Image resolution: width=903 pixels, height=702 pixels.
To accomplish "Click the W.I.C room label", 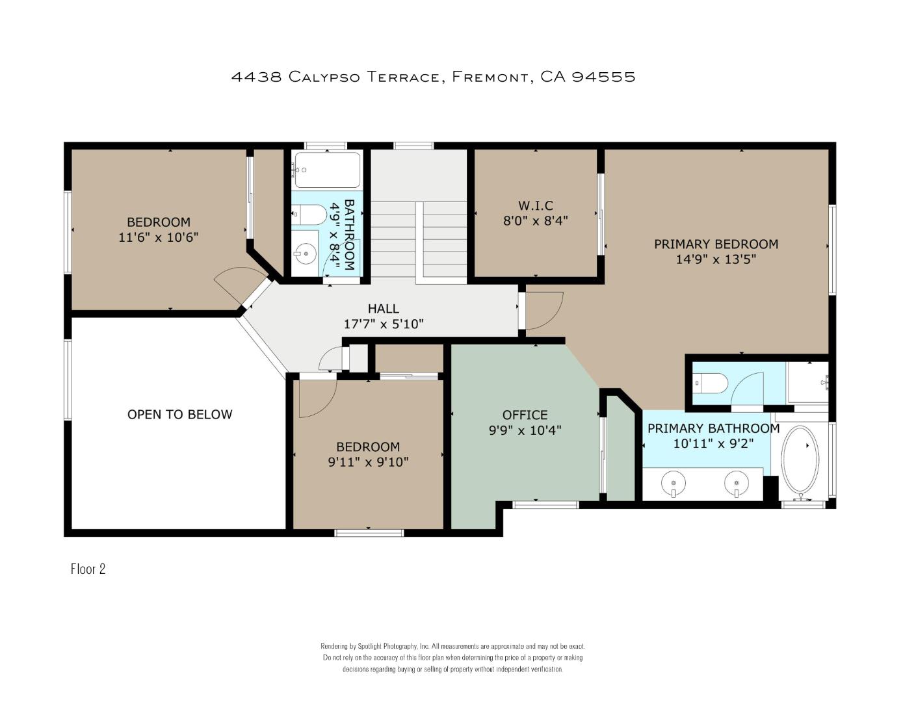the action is tap(535, 205).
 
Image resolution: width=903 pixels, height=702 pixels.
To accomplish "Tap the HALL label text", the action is tap(383, 309).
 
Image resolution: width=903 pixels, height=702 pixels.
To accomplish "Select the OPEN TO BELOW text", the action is tap(179, 414).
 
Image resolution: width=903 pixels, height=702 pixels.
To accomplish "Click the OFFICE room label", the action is tap(525, 415).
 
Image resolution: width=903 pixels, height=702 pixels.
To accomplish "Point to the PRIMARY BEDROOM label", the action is tap(716, 244).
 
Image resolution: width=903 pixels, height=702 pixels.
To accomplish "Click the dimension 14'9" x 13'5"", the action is tap(716, 259).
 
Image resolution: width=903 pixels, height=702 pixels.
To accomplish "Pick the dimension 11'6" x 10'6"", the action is tap(159, 238).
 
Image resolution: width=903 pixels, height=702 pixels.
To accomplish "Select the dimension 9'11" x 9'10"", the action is tap(368, 462).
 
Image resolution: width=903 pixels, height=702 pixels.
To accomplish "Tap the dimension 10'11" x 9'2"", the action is tap(713, 444).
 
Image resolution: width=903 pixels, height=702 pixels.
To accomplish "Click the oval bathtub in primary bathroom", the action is tap(800, 459).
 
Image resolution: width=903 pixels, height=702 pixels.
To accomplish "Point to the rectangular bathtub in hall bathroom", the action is tap(327, 170).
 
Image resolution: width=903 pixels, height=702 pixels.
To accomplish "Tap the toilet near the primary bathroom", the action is tap(711, 383).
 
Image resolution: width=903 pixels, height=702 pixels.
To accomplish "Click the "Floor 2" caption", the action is tap(88, 569).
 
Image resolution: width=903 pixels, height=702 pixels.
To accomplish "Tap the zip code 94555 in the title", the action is tap(604, 77).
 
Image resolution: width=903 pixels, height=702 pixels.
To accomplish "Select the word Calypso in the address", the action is tap(324, 77).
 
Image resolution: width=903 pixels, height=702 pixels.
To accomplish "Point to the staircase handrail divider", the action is tap(420, 243).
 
